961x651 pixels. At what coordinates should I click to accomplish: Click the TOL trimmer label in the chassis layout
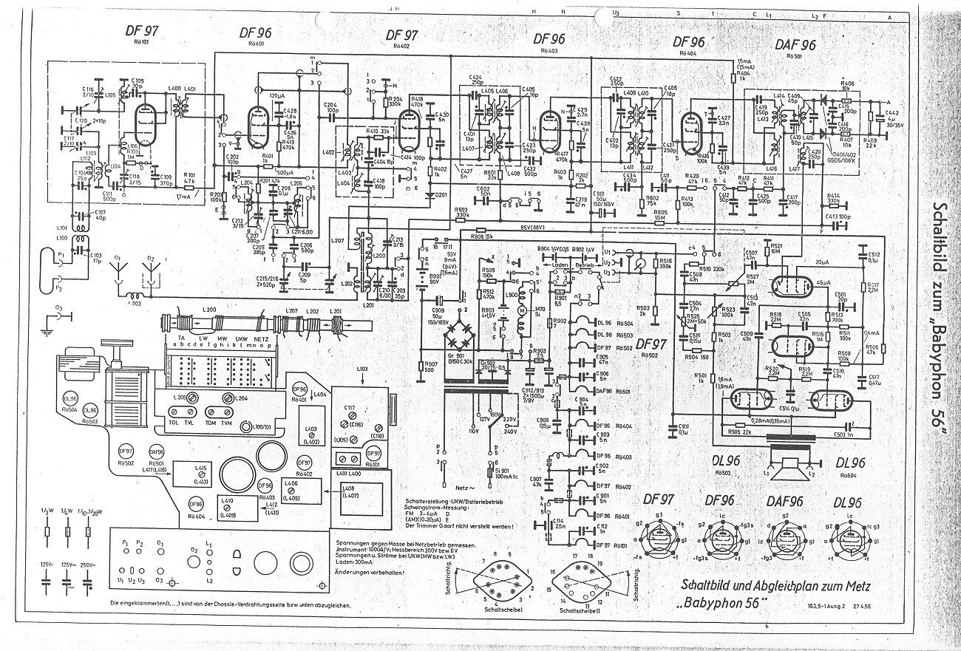click(174, 421)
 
